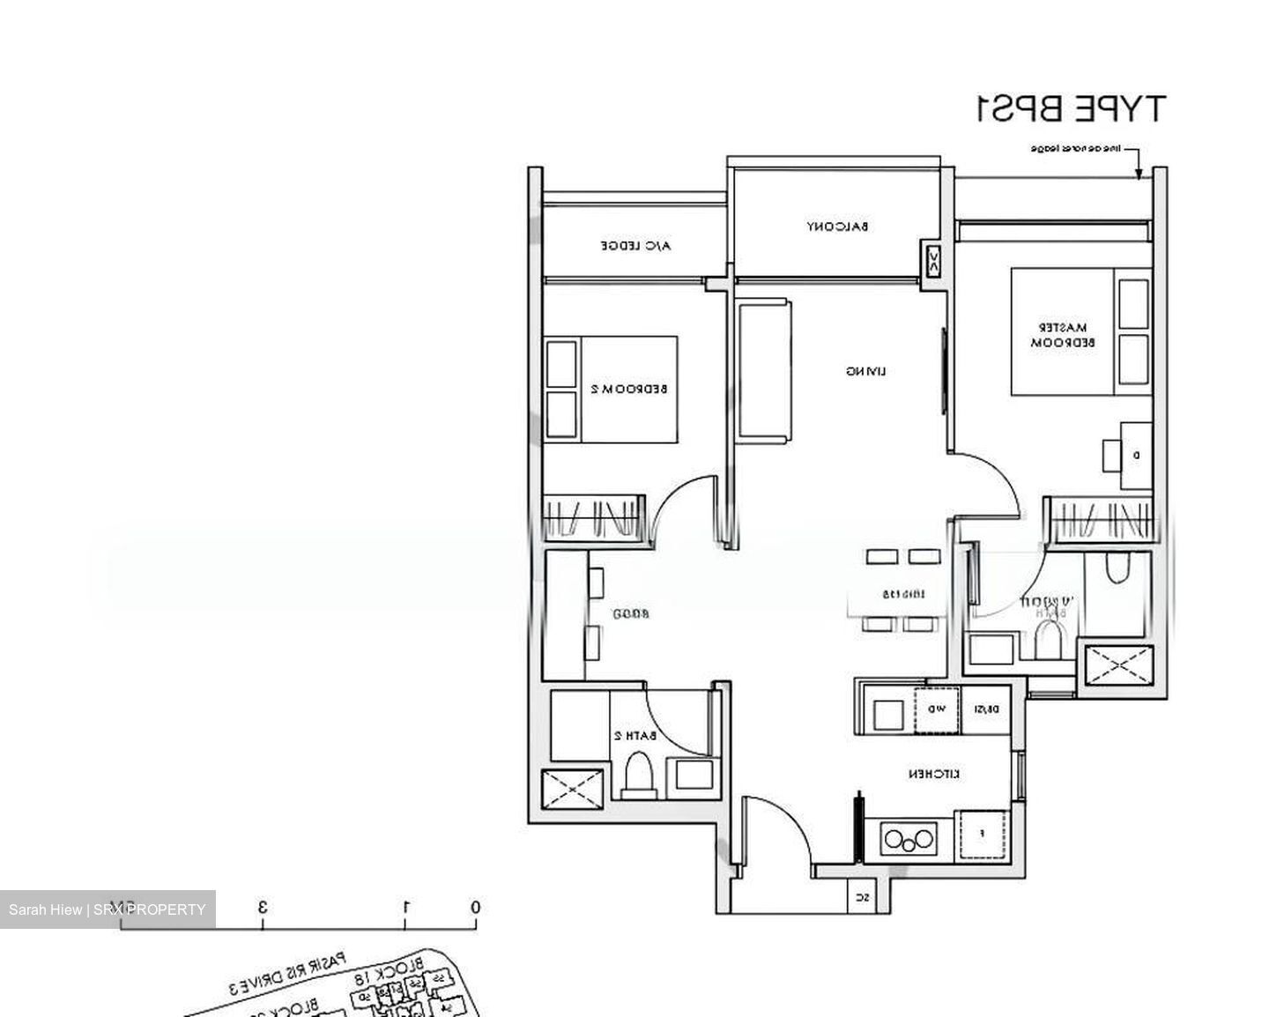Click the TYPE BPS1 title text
(1070, 108)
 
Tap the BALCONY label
(837, 226)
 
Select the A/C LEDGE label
(635, 246)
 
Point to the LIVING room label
(865, 371)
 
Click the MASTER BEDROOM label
(1063, 334)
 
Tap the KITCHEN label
(935, 774)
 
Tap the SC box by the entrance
(863, 898)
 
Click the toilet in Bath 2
(638, 776)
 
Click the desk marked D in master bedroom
(1135, 455)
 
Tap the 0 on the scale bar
(475, 907)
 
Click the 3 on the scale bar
(262, 907)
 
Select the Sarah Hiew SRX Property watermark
(107, 909)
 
